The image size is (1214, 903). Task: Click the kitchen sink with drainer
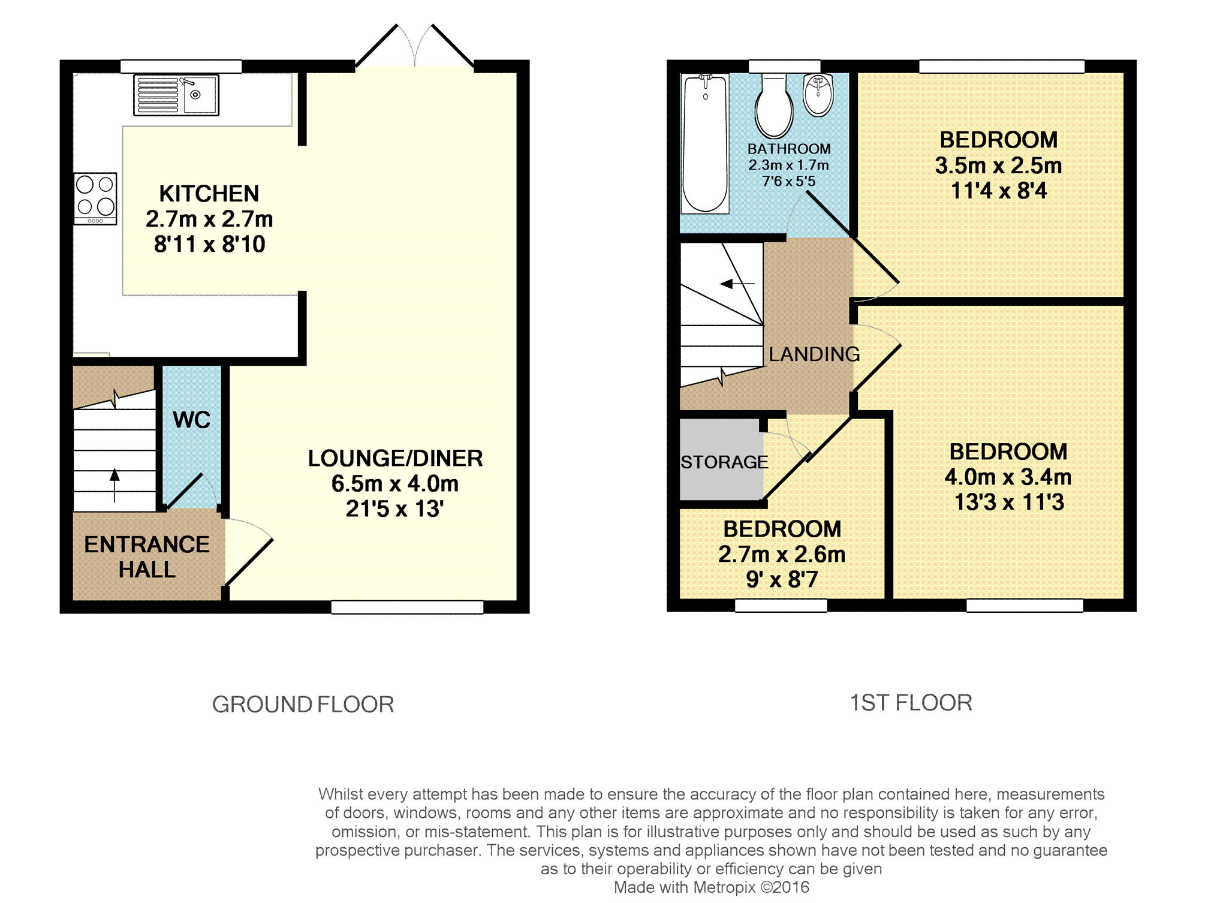click(x=176, y=95)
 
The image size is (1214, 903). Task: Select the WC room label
click(x=192, y=420)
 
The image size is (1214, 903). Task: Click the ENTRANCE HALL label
click(x=147, y=556)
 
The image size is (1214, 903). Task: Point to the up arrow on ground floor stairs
click(x=115, y=485)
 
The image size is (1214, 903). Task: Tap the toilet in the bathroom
click(x=774, y=107)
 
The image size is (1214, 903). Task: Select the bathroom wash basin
click(x=818, y=95)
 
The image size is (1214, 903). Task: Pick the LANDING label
click(x=814, y=354)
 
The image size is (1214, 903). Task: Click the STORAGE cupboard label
click(x=724, y=462)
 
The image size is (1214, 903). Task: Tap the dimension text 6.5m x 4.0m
click(x=395, y=483)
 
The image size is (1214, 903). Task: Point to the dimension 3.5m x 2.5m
click(x=998, y=165)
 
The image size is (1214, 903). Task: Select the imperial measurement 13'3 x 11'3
click(x=1009, y=502)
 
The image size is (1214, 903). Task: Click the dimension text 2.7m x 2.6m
click(x=782, y=554)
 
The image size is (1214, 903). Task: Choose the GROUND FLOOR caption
click(x=303, y=705)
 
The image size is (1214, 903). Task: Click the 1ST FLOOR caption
click(x=911, y=703)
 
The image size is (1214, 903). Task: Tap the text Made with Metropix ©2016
click(x=712, y=887)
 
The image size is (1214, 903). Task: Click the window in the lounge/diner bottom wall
click(x=407, y=607)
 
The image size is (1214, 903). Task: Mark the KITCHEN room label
click(x=209, y=194)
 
